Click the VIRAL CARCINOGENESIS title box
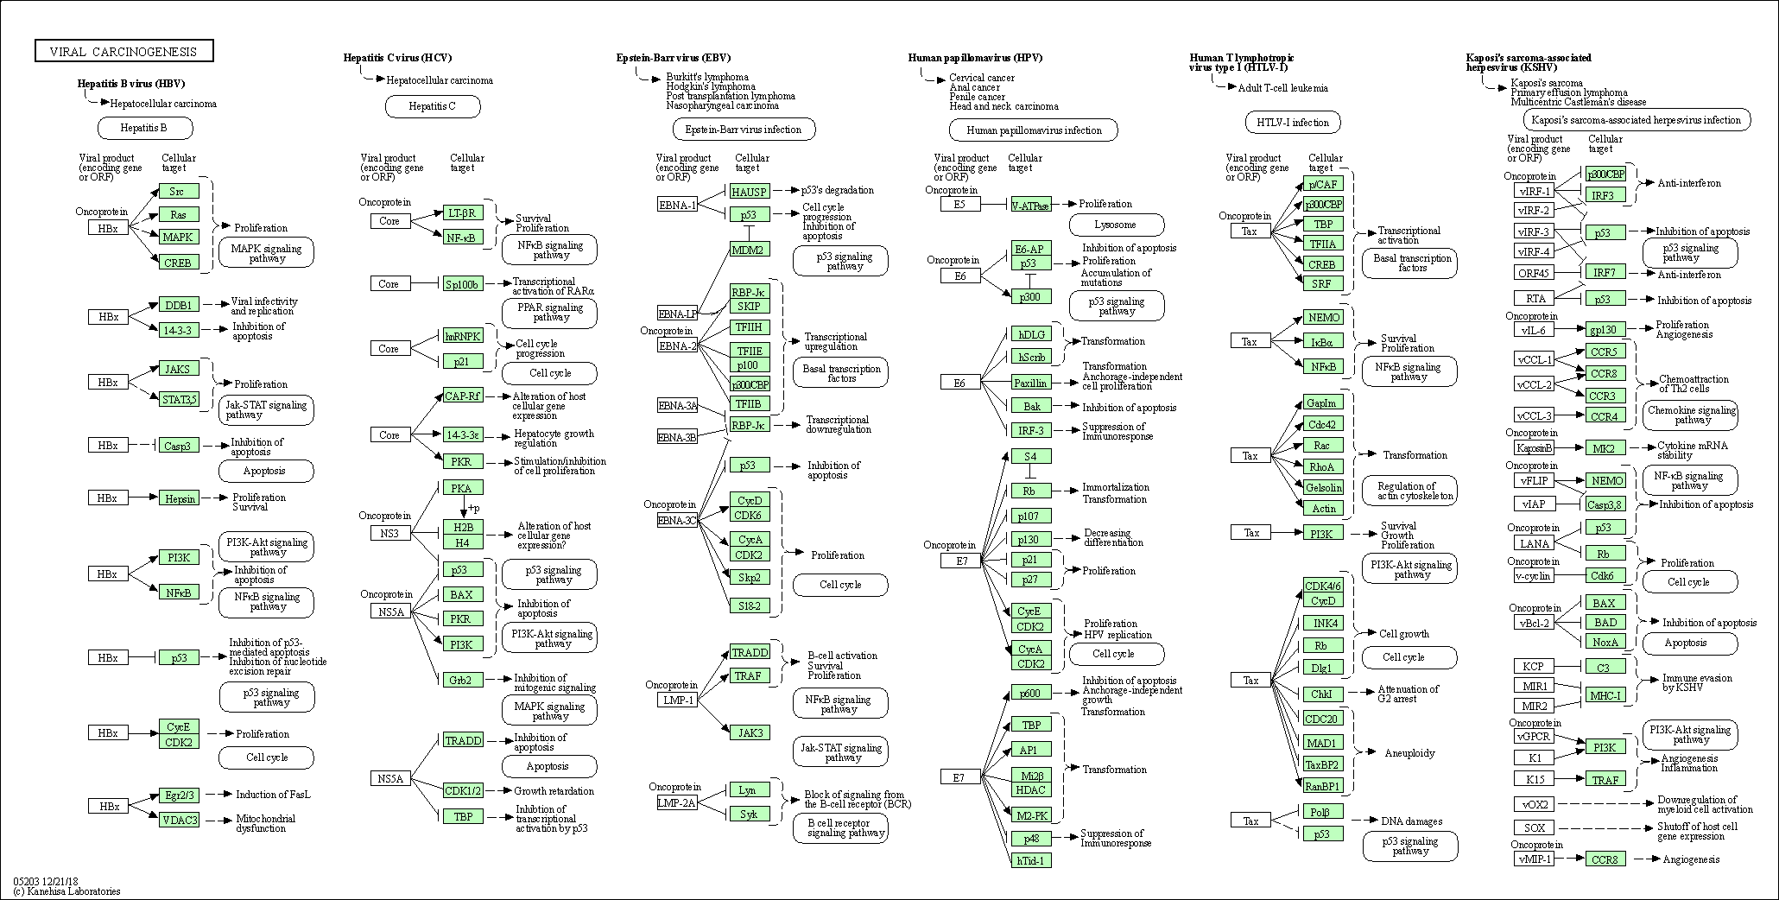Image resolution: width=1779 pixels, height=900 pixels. (x=123, y=52)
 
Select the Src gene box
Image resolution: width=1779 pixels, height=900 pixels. (x=178, y=191)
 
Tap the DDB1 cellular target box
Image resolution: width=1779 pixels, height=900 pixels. (x=178, y=305)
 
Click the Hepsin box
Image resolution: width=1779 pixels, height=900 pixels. (x=179, y=498)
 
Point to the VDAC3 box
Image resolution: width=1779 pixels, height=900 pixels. (x=179, y=820)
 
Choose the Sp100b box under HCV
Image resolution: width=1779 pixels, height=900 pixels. (x=462, y=283)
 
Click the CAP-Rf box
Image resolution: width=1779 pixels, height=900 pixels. (x=462, y=396)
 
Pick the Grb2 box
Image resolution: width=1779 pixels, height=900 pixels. (x=461, y=681)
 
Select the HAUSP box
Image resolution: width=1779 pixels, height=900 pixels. (x=749, y=192)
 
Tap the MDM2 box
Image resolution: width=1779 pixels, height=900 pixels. (x=749, y=250)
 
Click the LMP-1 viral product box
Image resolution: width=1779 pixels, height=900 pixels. (x=678, y=700)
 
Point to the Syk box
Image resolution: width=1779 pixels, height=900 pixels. (x=748, y=814)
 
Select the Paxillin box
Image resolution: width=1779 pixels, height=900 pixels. (x=1031, y=383)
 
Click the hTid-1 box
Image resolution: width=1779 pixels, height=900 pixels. (x=1031, y=860)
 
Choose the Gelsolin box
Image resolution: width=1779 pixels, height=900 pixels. (x=1323, y=487)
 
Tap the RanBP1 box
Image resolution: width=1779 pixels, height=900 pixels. (x=1322, y=786)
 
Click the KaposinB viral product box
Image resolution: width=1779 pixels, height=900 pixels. (x=1535, y=447)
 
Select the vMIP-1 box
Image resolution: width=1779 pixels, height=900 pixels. (x=1534, y=859)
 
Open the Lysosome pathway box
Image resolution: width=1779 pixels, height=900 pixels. (x=1116, y=225)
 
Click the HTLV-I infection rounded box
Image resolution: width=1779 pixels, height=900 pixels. (x=1292, y=123)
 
